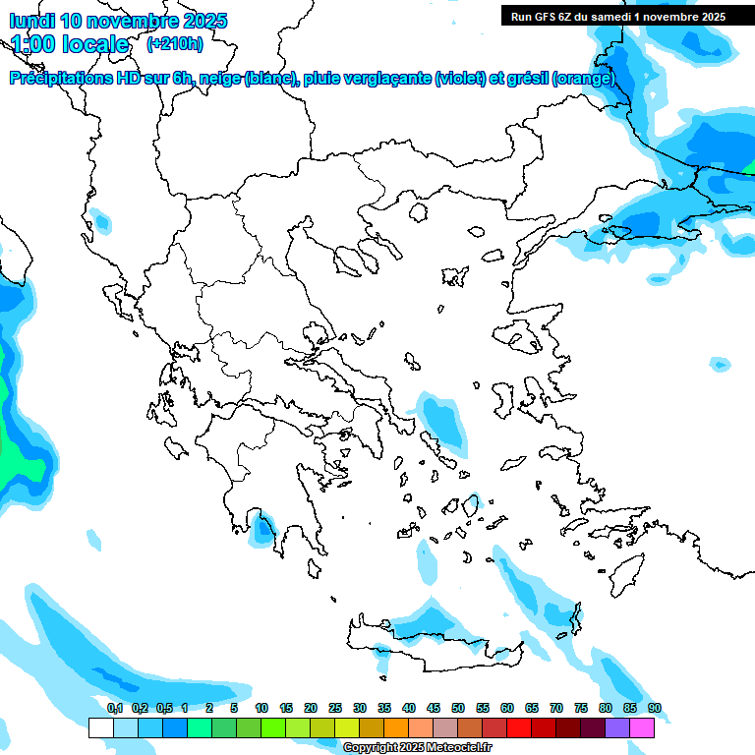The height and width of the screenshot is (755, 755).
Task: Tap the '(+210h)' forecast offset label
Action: coord(175,44)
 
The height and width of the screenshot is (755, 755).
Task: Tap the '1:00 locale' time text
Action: coord(70,45)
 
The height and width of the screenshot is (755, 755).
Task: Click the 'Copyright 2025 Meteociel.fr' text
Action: coord(417,748)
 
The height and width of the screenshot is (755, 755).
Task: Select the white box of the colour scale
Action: coord(100,728)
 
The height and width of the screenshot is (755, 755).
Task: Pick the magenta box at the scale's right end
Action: coord(642,728)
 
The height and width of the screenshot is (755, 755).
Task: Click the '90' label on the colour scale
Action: coord(655,709)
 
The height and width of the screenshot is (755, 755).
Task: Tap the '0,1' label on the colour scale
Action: coord(114,709)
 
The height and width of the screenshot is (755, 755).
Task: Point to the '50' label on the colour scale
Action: coord(458,709)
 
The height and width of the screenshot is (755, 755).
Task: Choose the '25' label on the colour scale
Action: coord(335,709)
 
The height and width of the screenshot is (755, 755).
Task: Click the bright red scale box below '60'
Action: coord(519,728)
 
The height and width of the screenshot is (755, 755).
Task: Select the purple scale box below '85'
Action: coord(617,728)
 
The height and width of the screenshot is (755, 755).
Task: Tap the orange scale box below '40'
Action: coord(396,728)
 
